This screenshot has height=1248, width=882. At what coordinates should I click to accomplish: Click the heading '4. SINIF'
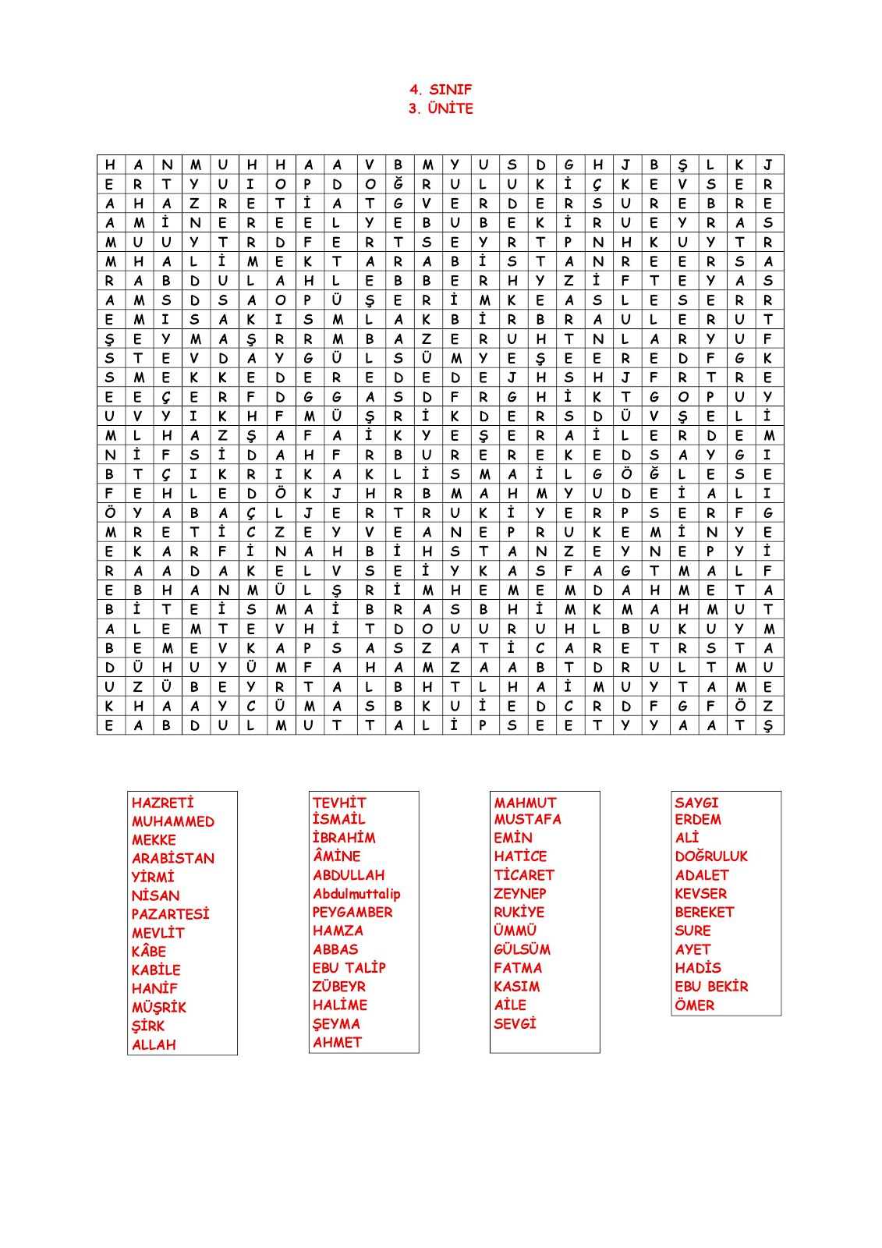click(x=441, y=90)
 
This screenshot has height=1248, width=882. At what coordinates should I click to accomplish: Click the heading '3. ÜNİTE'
click(x=441, y=108)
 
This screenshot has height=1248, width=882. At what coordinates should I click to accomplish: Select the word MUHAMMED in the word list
click(x=173, y=821)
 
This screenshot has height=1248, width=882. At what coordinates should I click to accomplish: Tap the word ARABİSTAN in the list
click(x=173, y=858)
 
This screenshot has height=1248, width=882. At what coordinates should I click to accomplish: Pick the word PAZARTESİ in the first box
click(x=171, y=913)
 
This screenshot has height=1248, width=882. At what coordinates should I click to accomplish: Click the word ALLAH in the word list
click(x=154, y=1044)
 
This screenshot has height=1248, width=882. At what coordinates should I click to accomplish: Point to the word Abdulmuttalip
click(x=356, y=894)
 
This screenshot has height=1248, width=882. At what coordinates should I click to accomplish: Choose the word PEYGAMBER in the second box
click(x=352, y=912)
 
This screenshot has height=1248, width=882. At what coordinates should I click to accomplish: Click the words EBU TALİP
click(x=349, y=968)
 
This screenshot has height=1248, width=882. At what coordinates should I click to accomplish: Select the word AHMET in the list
click(x=338, y=1042)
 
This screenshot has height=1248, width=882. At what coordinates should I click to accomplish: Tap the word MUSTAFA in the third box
click(x=528, y=819)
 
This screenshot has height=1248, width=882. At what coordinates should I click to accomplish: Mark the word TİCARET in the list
click(x=524, y=875)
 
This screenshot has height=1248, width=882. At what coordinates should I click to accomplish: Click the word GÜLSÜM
click(x=522, y=949)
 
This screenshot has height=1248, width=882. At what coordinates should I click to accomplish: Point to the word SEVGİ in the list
click(x=515, y=1023)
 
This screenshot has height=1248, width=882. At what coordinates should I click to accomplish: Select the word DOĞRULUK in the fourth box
click(x=711, y=856)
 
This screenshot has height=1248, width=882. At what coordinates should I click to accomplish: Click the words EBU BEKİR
click(x=711, y=987)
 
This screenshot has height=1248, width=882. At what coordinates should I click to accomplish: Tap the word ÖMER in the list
click(x=695, y=1005)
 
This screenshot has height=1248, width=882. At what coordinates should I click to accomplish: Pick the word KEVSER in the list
click(x=701, y=894)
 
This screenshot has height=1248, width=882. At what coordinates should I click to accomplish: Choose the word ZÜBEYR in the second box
click(x=339, y=987)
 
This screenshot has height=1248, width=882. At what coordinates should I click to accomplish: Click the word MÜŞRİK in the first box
click(x=159, y=1007)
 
